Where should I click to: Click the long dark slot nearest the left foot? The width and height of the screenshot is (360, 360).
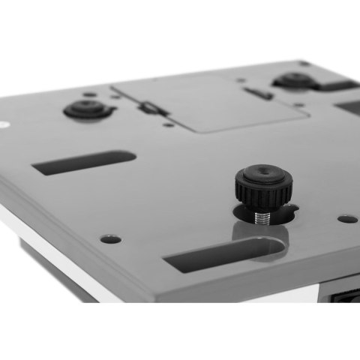(x=85, y=163)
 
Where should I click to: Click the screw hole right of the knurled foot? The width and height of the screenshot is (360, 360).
(x=346, y=220)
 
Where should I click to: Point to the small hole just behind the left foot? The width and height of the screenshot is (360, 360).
(x=89, y=94)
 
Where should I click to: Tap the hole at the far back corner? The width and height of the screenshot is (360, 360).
(x=302, y=63)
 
